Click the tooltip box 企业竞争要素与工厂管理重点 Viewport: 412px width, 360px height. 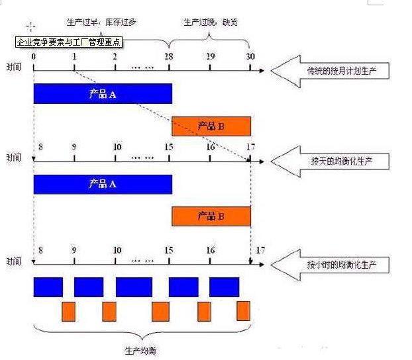pos(68,42)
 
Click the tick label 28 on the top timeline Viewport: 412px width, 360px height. pos(169,56)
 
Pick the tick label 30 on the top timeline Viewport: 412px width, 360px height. pos(250,56)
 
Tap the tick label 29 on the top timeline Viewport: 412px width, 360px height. pos(210,56)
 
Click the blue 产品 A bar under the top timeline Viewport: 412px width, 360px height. pos(103,94)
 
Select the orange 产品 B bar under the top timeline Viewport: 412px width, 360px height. pos(211,126)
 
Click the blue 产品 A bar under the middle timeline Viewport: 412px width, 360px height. pos(103,184)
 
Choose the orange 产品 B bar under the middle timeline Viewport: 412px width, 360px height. pos(211,216)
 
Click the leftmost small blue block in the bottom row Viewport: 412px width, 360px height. pos(48,287)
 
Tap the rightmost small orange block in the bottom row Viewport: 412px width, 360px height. pos(243,310)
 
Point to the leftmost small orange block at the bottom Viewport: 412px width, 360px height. pos(68,311)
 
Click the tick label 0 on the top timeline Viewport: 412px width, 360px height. pos(33,56)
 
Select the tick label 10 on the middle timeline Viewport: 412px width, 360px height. pos(117,147)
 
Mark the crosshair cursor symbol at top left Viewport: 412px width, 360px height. pos(30,26)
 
